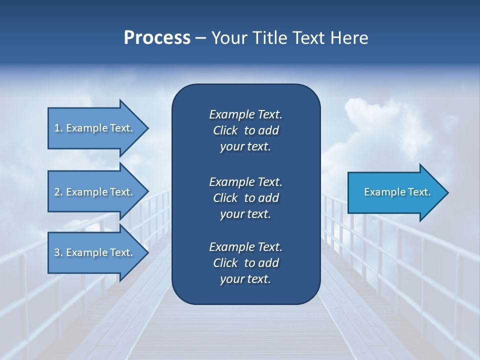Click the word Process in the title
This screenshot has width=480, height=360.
[157, 38]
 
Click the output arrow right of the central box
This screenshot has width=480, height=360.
[395, 192]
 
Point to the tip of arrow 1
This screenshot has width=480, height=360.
[147, 128]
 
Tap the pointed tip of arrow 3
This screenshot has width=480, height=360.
[147, 252]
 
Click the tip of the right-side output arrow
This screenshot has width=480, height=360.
[447, 192]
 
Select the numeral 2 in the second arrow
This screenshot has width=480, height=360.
[56, 192]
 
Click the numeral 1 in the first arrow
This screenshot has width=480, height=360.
[56, 128]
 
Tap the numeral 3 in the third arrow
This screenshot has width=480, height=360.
[56, 252]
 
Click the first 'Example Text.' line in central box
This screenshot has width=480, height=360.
[245, 114]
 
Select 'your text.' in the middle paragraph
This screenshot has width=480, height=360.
[245, 214]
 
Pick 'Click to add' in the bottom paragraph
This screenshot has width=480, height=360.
[245, 263]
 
